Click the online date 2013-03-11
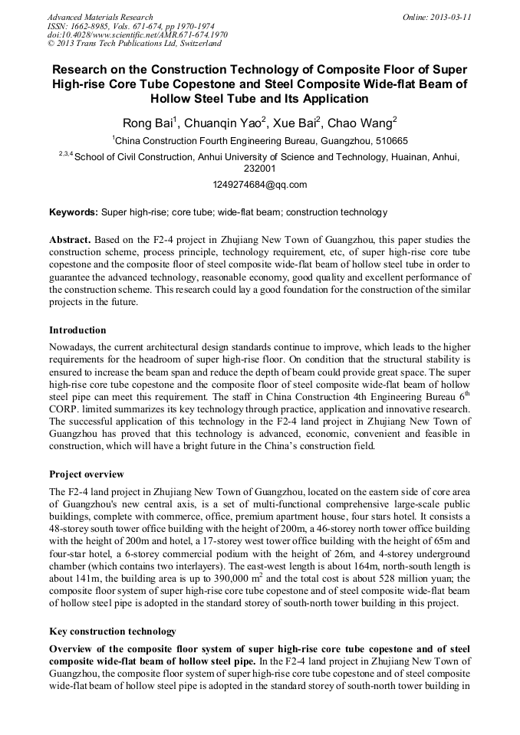click(453, 17)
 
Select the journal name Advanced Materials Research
click(100, 17)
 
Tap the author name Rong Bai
click(146, 123)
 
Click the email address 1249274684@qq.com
click(259, 185)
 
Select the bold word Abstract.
click(71, 240)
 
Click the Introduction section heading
click(77, 330)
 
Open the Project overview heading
click(87, 474)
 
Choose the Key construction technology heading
click(113, 632)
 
